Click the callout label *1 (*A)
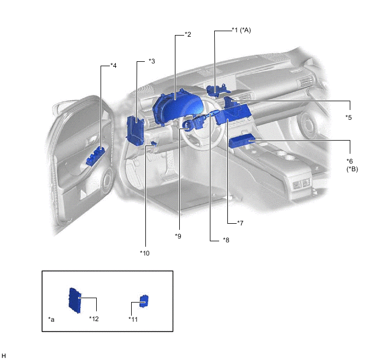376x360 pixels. (x=241, y=30)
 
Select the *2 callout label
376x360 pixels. (x=188, y=34)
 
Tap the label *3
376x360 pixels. (x=152, y=61)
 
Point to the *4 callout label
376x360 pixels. (x=114, y=65)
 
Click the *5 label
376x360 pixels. (x=349, y=118)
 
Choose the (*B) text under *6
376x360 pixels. (x=352, y=169)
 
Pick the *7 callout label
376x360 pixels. (x=240, y=223)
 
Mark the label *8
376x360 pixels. (x=226, y=240)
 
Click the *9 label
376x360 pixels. (x=178, y=236)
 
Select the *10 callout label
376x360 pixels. (x=145, y=253)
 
